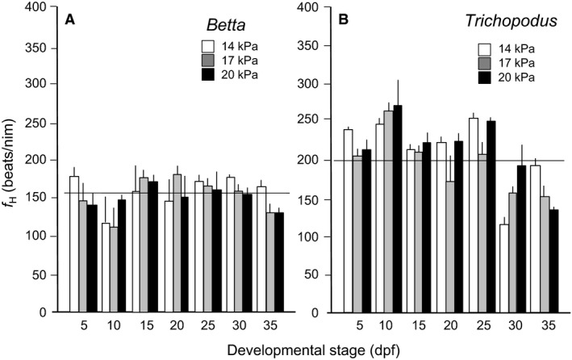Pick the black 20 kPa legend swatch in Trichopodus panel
(486, 77)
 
